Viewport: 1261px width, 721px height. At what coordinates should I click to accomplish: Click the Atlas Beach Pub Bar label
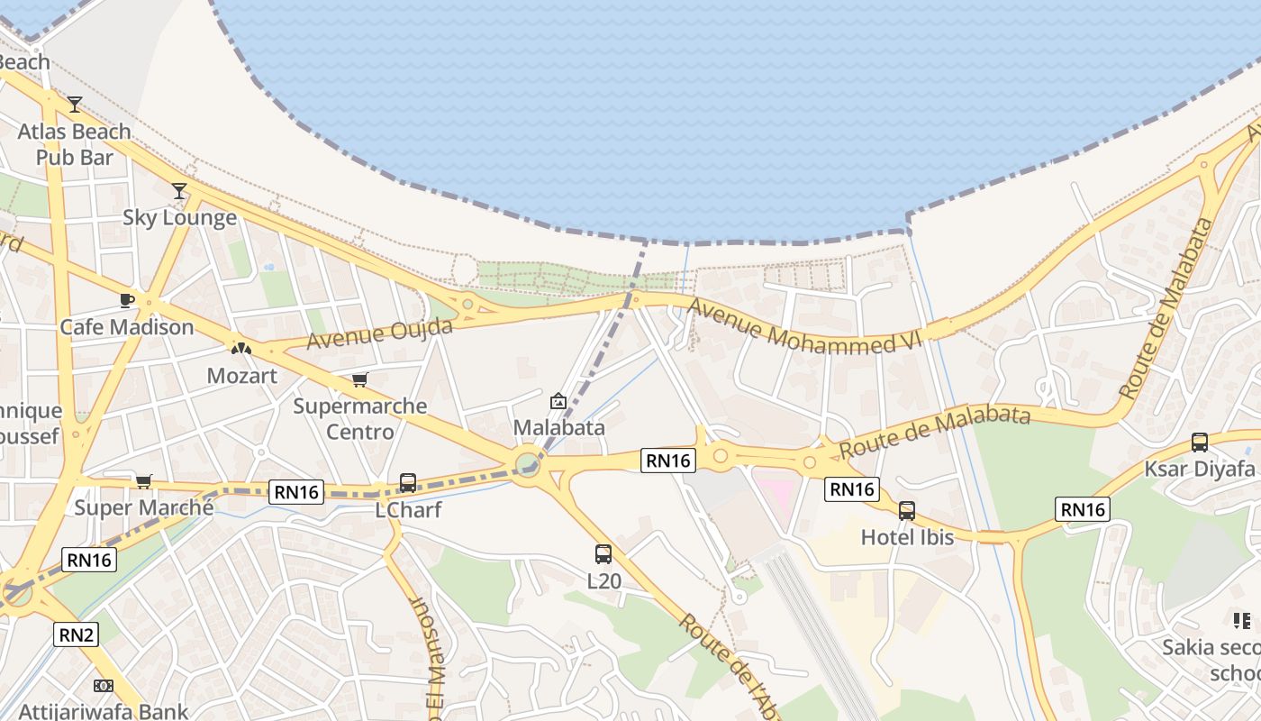[75, 144]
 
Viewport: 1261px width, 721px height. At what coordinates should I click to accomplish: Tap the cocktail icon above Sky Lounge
[179, 190]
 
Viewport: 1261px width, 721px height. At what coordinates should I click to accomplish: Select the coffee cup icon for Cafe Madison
[126, 300]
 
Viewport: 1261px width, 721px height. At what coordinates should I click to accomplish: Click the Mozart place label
[241, 375]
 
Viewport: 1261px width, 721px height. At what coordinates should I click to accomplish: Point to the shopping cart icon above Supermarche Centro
[360, 379]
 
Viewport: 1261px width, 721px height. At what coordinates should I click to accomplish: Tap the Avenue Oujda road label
[379, 333]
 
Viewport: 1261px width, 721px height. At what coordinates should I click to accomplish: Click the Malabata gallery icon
[558, 401]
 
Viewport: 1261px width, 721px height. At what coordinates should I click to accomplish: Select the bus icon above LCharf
[408, 483]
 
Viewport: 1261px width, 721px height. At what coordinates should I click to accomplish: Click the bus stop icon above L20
[603, 554]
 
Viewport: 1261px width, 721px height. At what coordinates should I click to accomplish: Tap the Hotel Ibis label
[907, 537]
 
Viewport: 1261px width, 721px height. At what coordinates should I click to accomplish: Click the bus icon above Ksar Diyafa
[1200, 443]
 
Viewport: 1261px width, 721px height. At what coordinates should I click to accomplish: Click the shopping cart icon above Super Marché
[144, 481]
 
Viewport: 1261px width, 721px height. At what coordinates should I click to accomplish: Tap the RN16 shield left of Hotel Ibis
[851, 489]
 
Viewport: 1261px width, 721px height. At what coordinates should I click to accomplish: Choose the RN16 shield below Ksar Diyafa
[1082, 509]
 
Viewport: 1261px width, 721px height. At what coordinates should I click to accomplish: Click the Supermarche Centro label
[360, 418]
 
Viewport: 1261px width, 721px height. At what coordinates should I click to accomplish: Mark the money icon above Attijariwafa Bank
[104, 686]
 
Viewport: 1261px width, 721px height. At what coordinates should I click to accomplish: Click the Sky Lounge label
[179, 217]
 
